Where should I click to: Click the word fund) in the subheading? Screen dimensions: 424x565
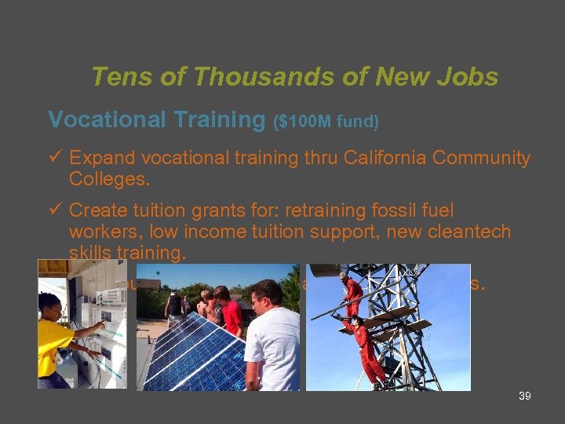coord(358,122)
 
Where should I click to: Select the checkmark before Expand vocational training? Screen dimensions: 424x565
coord(55,158)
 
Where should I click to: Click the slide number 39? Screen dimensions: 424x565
coord(525,397)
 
